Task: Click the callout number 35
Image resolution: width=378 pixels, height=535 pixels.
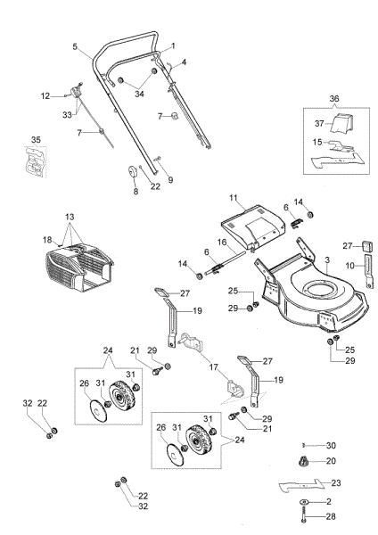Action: pos(35,140)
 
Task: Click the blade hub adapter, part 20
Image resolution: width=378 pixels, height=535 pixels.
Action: pos(301,462)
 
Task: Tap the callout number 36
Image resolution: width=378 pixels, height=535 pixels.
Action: pos(334,98)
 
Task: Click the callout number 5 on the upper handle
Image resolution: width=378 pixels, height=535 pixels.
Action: pos(75,46)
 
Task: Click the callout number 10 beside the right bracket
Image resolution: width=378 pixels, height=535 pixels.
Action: pos(350,266)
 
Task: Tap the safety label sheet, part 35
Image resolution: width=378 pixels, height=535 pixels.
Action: pos(35,162)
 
